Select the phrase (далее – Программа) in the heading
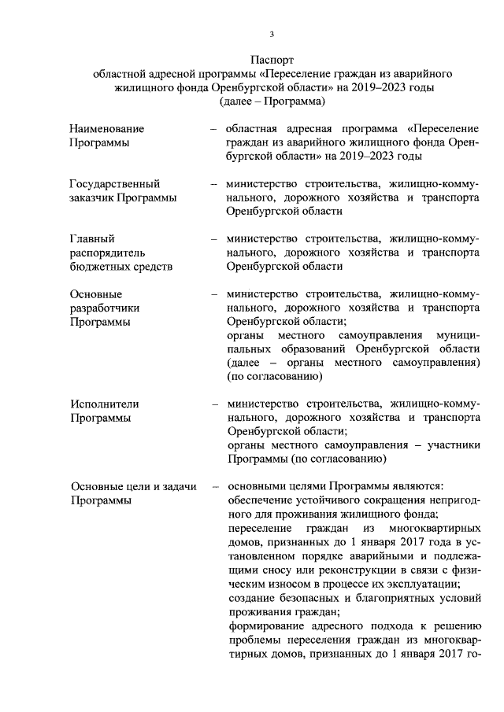point(272,101)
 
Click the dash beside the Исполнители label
point(214,404)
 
